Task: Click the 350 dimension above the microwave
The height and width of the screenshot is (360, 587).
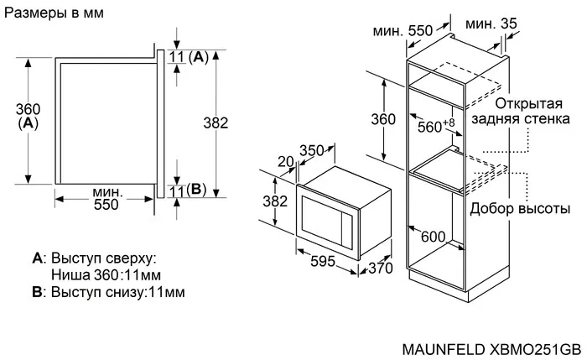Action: click(x=312, y=150)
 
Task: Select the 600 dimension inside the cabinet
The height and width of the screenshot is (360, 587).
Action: click(x=433, y=236)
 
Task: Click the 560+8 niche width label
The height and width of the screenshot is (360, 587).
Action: click(x=435, y=126)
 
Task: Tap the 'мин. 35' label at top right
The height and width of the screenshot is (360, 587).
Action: click(x=491, y=24)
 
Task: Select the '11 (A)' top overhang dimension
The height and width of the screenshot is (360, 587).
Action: click(x=188, y=57)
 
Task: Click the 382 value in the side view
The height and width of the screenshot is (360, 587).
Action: click(x=216, y=123)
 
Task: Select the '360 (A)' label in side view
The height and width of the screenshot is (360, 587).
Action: click(x=28, y=115)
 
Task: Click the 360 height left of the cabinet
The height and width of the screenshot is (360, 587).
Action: click(x=383, y=119)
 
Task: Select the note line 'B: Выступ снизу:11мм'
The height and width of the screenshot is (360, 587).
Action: click(x=108, y=292)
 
